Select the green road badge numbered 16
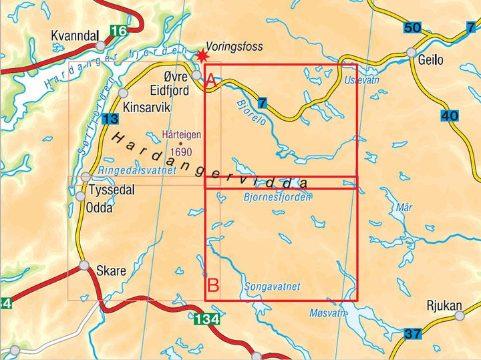pyautogui.click(x=118, y=31)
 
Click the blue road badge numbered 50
pyautogui.click(x=413, y=27)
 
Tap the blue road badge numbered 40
pyautogui.click(x=450, y=116)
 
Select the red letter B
pyautogui.click(x=214, y=286)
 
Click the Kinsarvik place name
pyautogui.click(x=147, y=107)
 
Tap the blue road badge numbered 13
pyautogui.click(x=111, y=119)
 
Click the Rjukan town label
pyautogui.click(x=444, y=307)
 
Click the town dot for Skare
pyautogui.click(x=85, y=266)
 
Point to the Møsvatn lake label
pyautogui.click(x=328, y=313)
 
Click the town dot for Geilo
pyautogui.click(x=412, y=52)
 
